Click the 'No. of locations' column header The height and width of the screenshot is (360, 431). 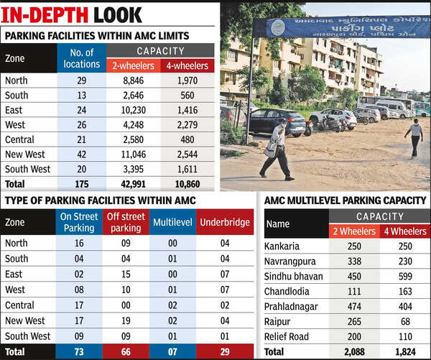pos(81,58)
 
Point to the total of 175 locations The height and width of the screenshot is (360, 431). pos(81,184)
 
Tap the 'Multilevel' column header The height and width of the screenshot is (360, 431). pos(172,222)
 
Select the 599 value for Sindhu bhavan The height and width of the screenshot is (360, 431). pos(405,277)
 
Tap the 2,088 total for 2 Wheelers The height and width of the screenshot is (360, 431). pos(354,352)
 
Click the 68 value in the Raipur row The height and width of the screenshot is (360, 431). pos(405,322)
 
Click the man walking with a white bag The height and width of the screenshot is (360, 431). pos(277,149)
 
